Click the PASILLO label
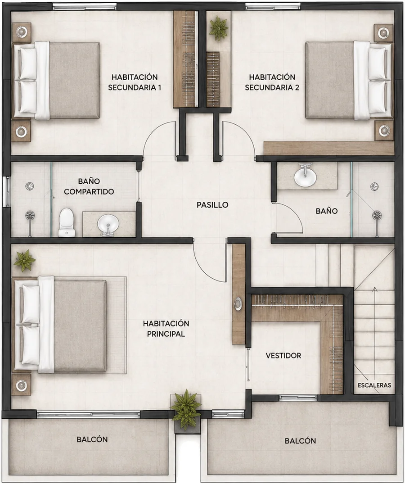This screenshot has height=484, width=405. pos(212,205)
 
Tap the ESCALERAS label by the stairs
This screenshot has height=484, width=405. pos(374,385)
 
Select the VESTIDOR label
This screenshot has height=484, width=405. pos(283,356)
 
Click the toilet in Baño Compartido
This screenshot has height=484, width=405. pos(67,222)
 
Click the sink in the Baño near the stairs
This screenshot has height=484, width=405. pos(305,176)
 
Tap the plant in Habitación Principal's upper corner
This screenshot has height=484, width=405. pos(24,261)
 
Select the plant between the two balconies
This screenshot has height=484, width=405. pos(186,409)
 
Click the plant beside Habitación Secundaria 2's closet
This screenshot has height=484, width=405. pos(218,28)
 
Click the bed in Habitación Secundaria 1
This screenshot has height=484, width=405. pos(56,80)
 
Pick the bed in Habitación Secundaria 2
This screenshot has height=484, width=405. pos(349,80)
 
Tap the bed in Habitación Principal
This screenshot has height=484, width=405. pos(60,325)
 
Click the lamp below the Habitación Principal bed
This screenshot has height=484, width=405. pos(21,385)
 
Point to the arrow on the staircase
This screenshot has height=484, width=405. pos(375,336)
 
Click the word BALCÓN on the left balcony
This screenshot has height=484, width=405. pos(92,439)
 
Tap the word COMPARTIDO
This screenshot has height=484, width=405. pos(89,192)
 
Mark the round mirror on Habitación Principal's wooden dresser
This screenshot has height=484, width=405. pos(238,303)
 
